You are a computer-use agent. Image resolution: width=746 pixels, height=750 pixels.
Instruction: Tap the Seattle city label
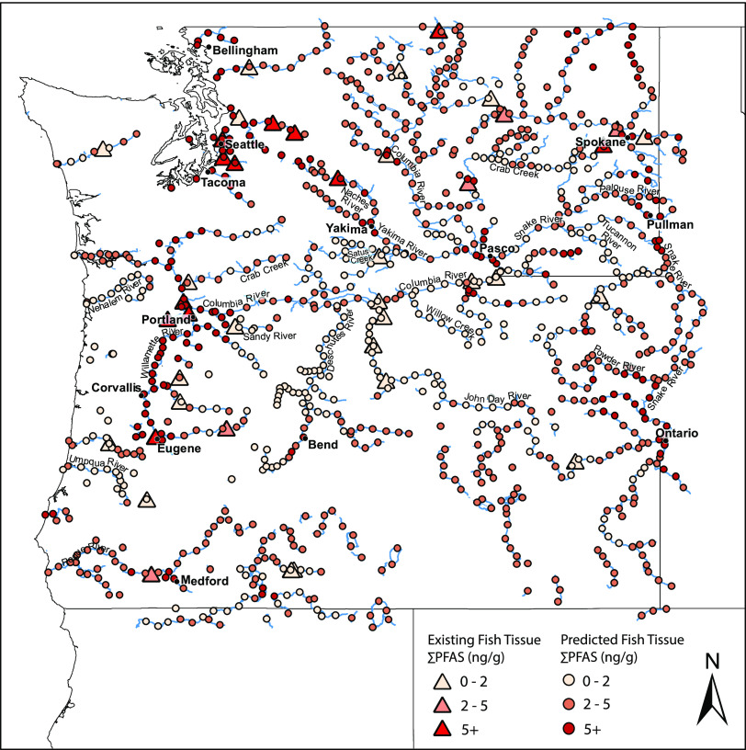coord(246,144)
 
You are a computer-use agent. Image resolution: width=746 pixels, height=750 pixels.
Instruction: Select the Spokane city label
coord(600,142)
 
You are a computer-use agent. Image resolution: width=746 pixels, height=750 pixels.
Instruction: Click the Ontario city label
coord(679,433)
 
